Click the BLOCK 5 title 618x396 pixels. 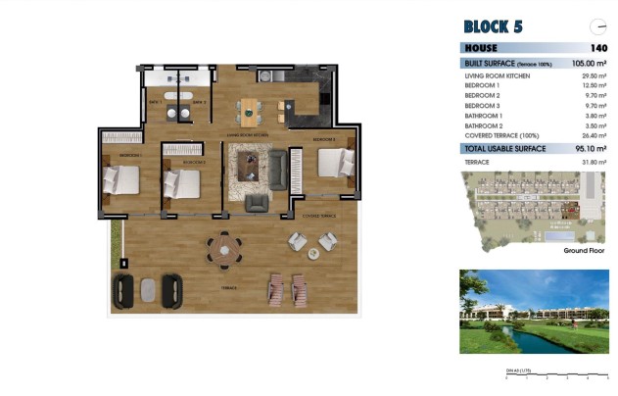coord(492,25)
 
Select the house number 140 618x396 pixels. coord(598,47)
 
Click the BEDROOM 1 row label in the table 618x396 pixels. coord(483,85)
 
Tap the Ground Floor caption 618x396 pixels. coord(585,251)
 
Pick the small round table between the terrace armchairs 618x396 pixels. coord(312,253)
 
